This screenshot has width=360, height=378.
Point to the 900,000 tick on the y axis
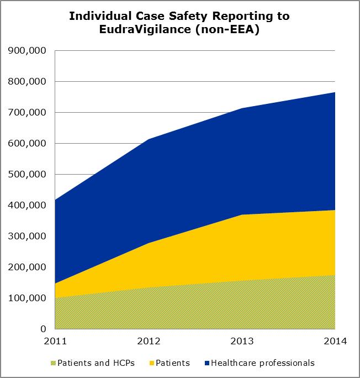(x=27, y=51)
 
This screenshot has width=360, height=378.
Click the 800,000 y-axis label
(x=27, y=82)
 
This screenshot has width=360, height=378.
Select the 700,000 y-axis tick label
(x=27, y=113)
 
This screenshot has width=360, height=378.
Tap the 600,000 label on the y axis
(x=27, y=144)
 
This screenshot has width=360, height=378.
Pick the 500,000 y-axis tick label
(x=27, y=175)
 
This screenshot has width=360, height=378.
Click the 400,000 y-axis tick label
(x=27, y=206)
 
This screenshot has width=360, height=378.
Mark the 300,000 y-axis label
(x=27, y=237)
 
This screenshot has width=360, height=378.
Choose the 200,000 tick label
(x=27, y=267)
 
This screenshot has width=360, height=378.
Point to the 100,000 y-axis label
(x=27, y=298)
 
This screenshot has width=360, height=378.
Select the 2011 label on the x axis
(x=55, y=341)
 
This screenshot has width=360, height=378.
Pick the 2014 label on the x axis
(x=335, y=341)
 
